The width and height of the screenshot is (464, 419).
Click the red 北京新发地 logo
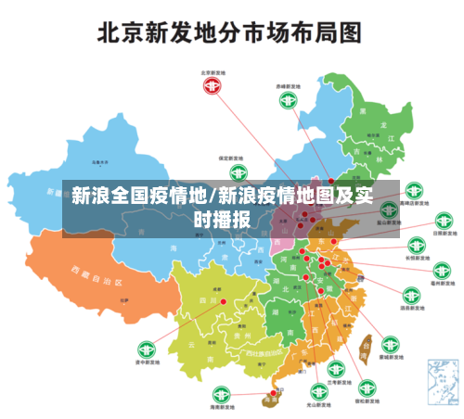point(213,86)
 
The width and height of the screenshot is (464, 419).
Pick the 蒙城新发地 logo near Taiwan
point(391,344)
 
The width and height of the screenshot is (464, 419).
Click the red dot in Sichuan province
point(223,301)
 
